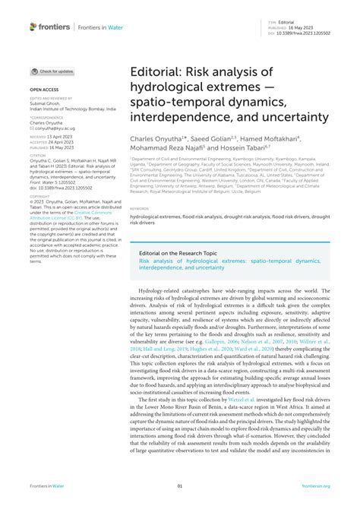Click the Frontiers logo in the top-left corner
[x=49, y=27]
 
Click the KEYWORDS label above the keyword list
[x=139, y=207]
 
